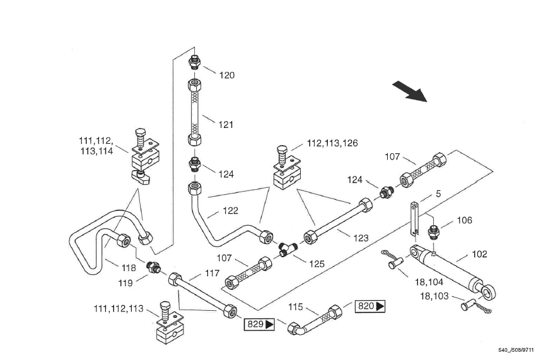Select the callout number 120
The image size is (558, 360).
[227, 75]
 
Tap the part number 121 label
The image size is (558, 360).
[226, 125]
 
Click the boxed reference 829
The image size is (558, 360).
[259, 325]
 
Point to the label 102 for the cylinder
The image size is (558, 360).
[479, 255]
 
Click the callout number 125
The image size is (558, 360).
[317, 264]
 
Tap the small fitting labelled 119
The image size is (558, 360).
[153, 267]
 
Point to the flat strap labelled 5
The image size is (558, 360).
[415, 218]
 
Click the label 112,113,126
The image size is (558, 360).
[332, 143]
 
